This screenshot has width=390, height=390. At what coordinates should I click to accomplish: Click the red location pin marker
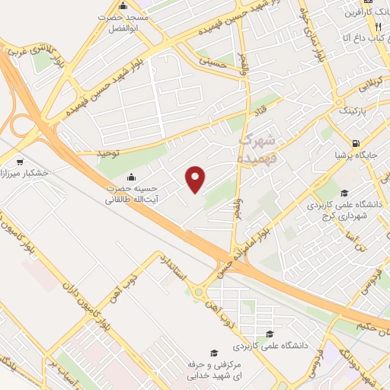coord(196,180)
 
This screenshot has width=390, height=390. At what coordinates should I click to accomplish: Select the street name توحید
coord(108,153)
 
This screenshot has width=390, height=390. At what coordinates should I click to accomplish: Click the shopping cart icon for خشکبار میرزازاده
coord(19,161)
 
